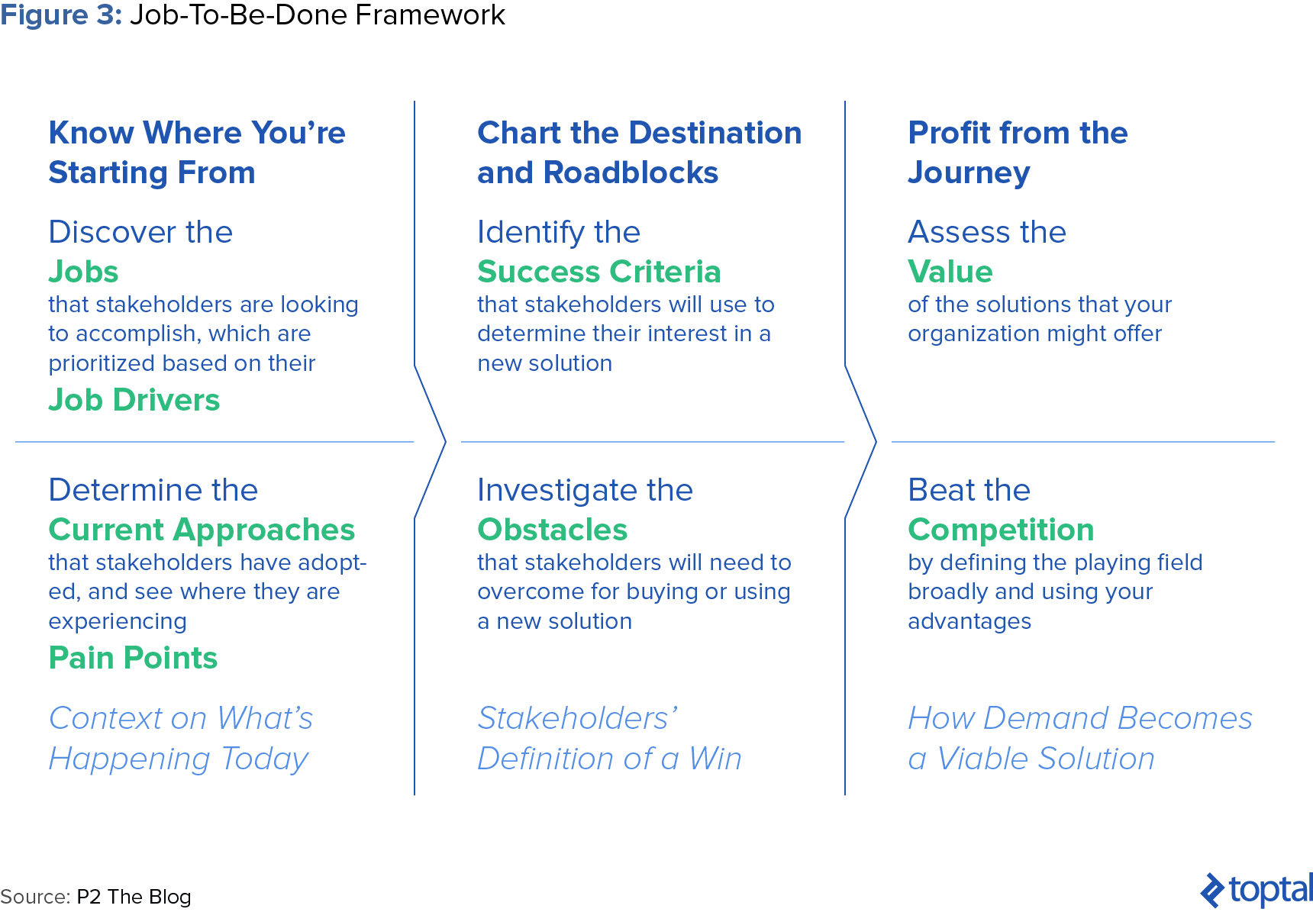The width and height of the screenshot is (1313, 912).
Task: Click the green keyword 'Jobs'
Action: [x=83, y=272]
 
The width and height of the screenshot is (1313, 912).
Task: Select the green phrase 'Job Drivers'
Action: [x=134, y=400]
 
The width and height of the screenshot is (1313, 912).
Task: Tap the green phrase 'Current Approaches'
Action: [x=202, y=530]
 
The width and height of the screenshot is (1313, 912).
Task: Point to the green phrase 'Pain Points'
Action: [x=133, y=658]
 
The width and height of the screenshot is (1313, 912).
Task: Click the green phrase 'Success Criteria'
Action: [x=599, y=272]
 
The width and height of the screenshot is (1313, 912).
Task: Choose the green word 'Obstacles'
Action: [x=553, y=530]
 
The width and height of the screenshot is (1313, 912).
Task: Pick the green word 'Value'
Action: [x=950, y=272]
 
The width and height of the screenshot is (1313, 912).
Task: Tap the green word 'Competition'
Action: [x=1001, y=530]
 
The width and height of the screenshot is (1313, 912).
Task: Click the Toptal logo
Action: [x=1257, y=890]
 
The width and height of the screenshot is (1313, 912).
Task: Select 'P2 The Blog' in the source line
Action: [x=134, y=897]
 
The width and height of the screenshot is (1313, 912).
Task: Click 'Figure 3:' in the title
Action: [x=61, y=15]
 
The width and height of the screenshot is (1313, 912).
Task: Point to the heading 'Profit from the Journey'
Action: [x=1018, y=153]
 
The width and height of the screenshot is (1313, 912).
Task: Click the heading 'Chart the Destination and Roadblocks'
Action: [x=640, y=153]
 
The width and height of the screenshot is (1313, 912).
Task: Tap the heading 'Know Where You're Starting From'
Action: [x=197, y=153]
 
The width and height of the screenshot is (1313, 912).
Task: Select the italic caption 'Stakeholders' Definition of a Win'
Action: [x=609, y=738]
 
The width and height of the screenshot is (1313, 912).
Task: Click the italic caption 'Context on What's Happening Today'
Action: [x=181, y=738]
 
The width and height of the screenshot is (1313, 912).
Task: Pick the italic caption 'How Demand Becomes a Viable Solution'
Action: [x=1080, y=738]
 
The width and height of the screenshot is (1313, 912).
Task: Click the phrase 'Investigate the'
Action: [x=586, y=490]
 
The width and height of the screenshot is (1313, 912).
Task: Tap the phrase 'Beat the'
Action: [x=969, y=490]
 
